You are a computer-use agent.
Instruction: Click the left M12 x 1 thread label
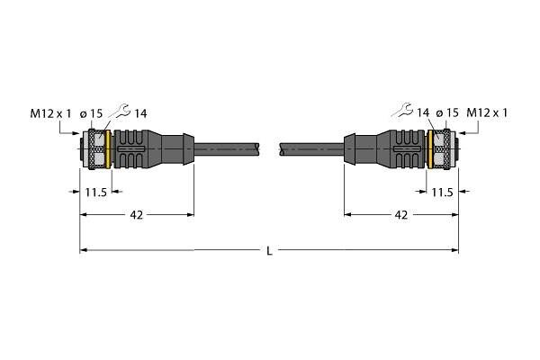pyautogui.click(x=50, y=113)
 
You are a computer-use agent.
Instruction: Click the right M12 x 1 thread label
pyautogui.click(x=487, y=112)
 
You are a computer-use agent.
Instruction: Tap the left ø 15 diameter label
pyautogui.click(x=91, y=113)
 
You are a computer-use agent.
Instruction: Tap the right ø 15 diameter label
pyautogui.click(x=447, y=112)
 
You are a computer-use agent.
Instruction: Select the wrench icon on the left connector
pyautogui.click(x=121, y=111)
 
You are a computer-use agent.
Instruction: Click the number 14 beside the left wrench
pyautogui.click(x=140, y=113)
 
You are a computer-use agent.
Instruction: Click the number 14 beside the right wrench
pyautogui.click(x=423, y=112)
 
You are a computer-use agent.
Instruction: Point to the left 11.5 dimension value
pyautogui.click(x=96, y=193)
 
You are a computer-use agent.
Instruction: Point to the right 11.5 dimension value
pyautogui.click(x=442, y=193)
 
